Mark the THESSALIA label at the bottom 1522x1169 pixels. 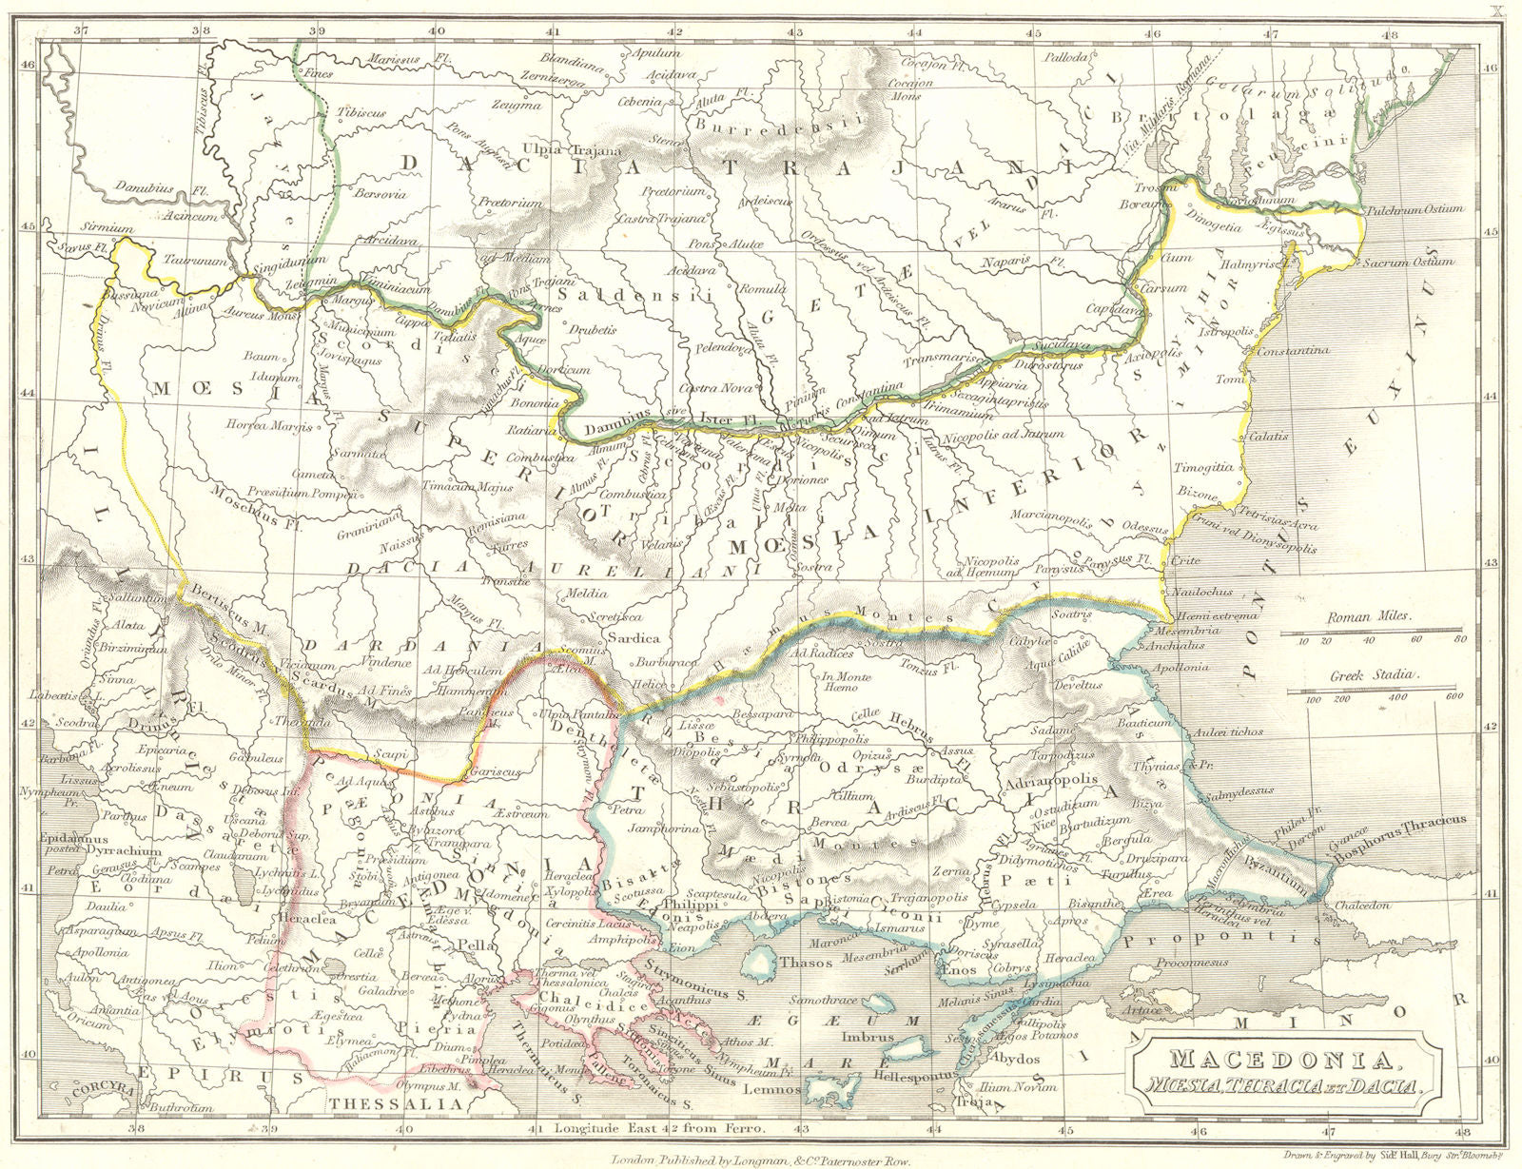(x=399, y=1104)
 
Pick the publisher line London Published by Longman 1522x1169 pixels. (x=761, y=1160)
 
